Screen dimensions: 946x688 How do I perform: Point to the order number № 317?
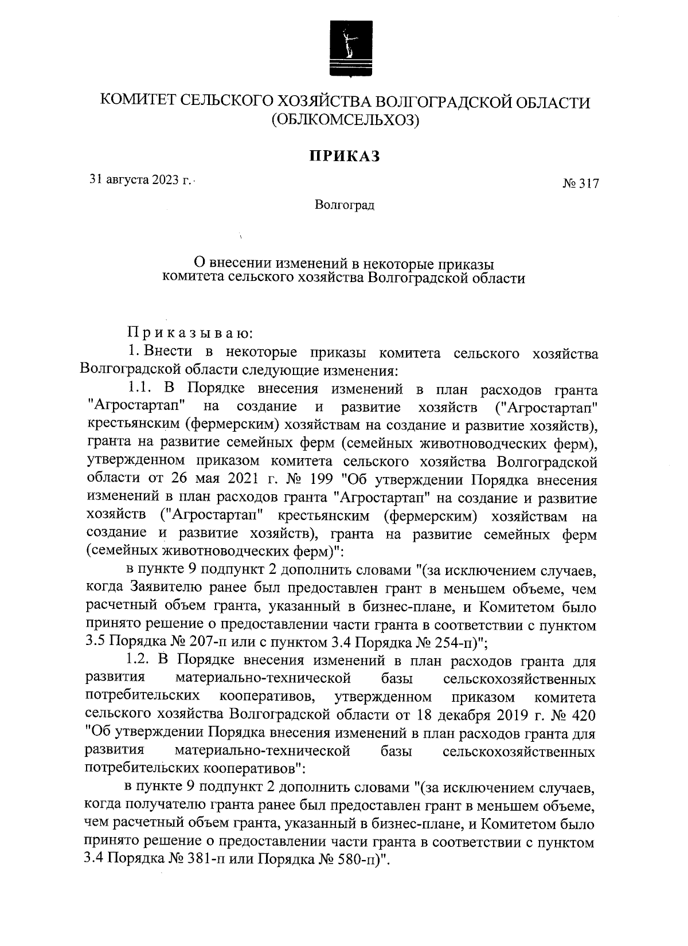[580, 185]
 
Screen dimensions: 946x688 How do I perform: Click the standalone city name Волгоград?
[345, 205]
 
